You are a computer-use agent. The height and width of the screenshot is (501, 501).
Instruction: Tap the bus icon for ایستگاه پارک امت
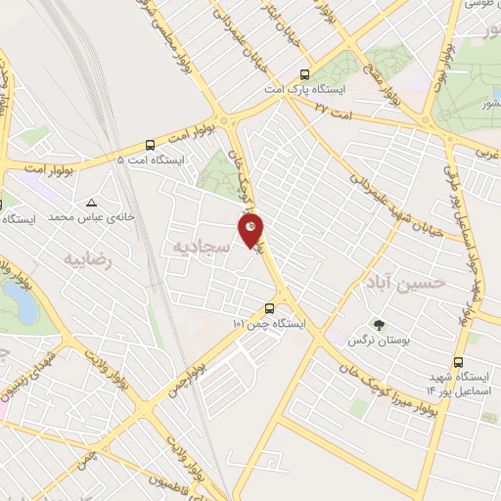click(x=305, y=73)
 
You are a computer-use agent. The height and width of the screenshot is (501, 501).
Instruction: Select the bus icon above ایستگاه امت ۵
click(x=150, y=143)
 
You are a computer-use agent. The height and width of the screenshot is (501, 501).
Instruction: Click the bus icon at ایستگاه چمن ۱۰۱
click(x=269, y=308)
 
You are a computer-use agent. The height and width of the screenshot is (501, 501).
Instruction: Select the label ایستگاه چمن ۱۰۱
click(x=268, y=323)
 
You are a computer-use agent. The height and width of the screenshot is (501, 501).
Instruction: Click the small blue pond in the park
click(x=25, y=307)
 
